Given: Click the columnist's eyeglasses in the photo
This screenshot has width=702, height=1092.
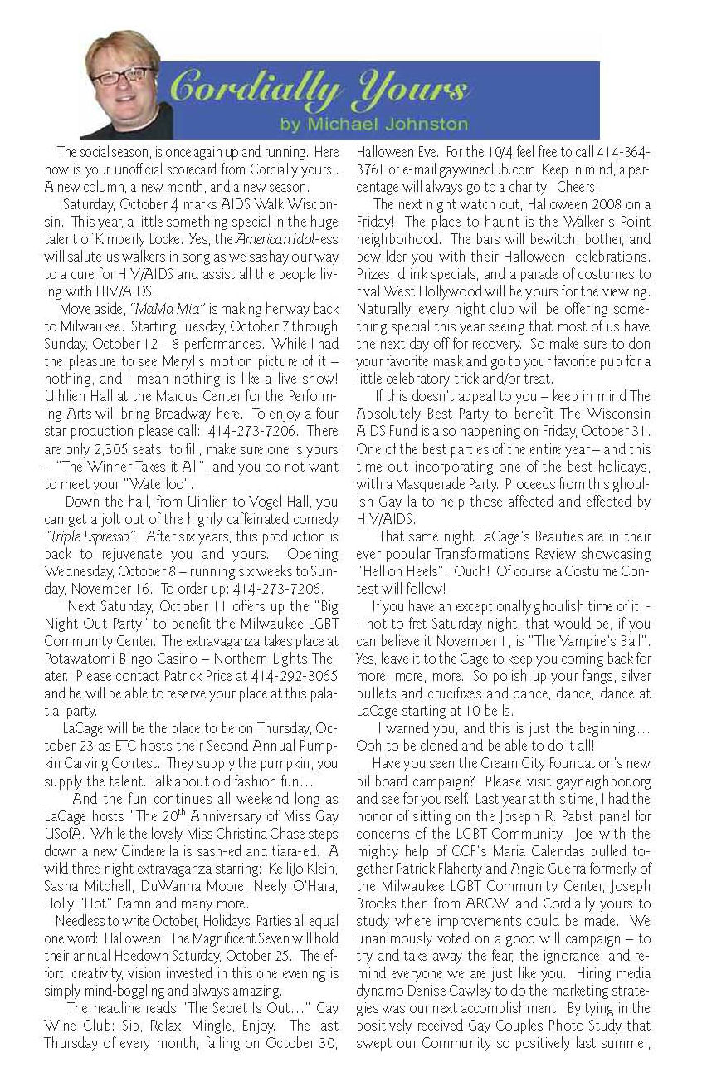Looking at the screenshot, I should click(x=123, y=76).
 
